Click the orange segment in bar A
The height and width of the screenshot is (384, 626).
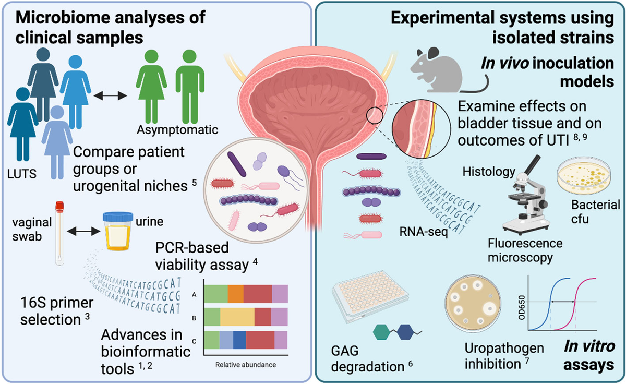pos(235,294)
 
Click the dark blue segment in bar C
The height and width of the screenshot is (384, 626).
pos(239,340)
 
